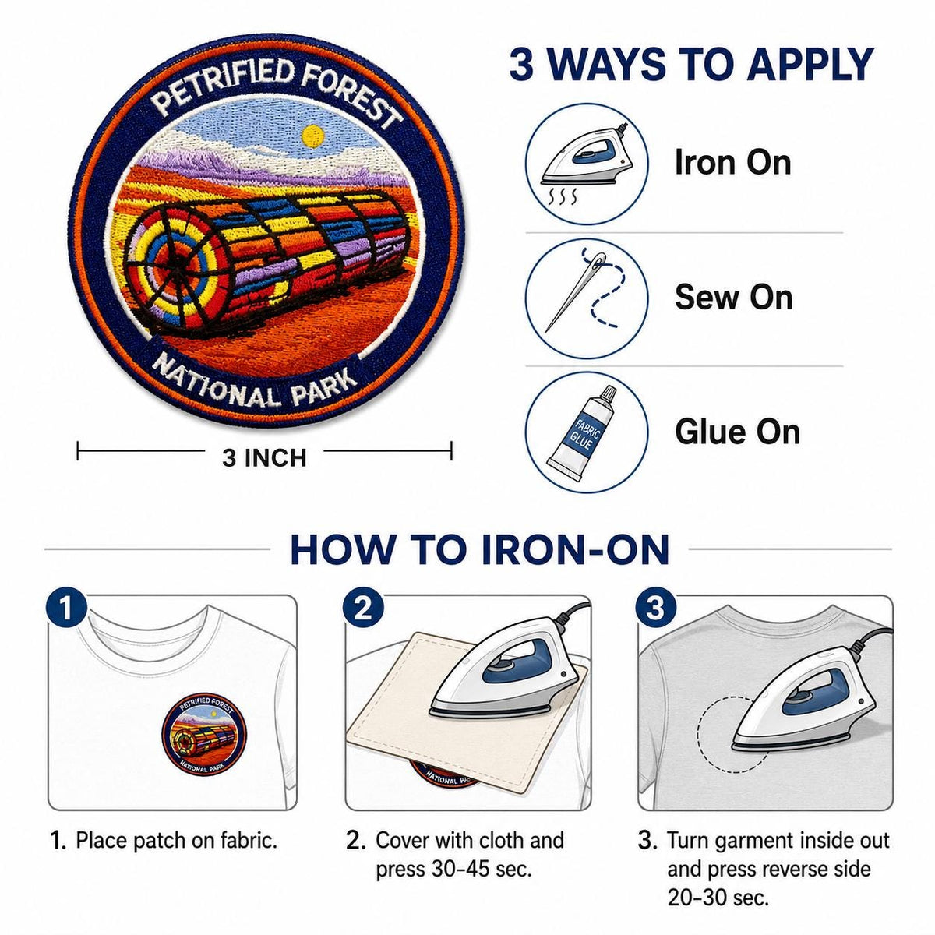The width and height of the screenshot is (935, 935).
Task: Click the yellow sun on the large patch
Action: coord(312,136)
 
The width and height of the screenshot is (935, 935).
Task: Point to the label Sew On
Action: coord(734,297)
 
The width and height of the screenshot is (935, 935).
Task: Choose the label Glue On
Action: coord(738,432)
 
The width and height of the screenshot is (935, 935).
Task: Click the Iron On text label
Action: coord(732,162)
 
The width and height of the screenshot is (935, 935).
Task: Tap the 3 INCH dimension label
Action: coord(264,457)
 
